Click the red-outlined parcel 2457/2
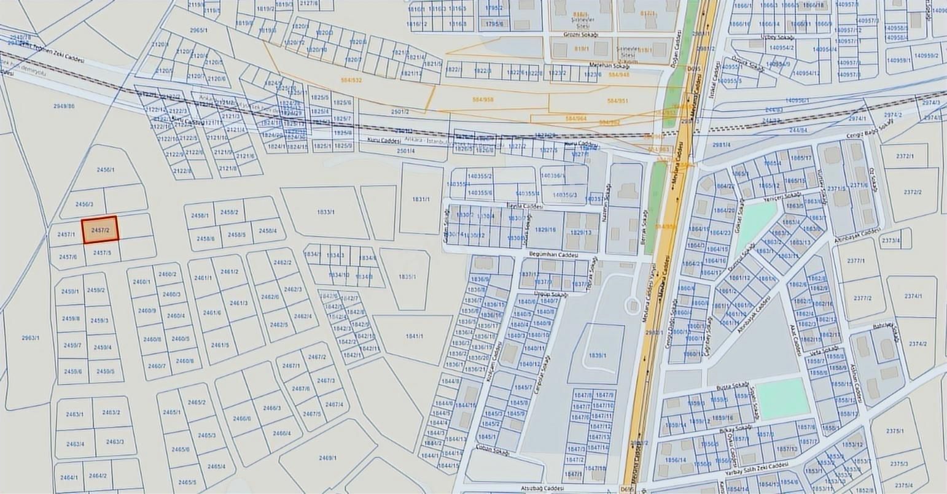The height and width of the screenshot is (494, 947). (99, 230)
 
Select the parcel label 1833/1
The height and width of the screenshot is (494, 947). (325, 212)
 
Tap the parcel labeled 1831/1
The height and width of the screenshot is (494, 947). (421, 199)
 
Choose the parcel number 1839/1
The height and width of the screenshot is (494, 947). (597, 355)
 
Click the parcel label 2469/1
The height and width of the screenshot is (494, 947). (327, 457)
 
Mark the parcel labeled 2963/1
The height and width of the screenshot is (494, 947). (30, 338)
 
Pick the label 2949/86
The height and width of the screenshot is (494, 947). (64, 106)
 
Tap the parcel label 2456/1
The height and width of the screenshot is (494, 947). (106, 169)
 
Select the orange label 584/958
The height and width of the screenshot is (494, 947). (483, 99)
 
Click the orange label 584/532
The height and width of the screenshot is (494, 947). (351, 80)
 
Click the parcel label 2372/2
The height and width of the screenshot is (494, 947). (913, 192)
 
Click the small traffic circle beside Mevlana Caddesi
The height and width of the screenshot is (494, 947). (632, 304)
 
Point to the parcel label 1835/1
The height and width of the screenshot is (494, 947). (407, 277)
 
